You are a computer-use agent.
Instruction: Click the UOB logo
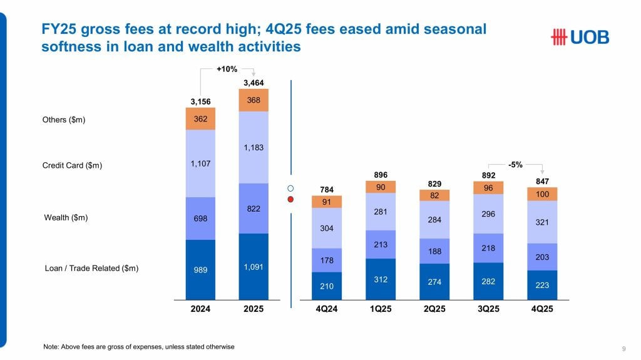click(579, 38)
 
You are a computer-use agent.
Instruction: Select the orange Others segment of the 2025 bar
click(254, 100)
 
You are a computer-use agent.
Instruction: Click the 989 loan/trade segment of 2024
click(200, 270)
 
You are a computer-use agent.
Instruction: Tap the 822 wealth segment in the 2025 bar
click(254, 208)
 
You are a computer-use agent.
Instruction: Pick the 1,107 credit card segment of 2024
click(200, 163)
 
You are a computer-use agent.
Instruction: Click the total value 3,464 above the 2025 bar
click(254, 83)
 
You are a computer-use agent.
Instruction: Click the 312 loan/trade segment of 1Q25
click(381, 279)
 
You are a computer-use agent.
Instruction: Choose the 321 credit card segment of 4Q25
click(542, 222)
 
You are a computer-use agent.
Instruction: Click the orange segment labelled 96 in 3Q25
click(488, 187)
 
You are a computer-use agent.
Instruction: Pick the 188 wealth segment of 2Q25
click(434, 251)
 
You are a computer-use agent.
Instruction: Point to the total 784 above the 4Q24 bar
click(327, 189)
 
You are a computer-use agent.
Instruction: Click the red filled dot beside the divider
click(290, 200)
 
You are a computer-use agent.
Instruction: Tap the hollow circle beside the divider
click(290, 188)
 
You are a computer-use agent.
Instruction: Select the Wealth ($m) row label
click(64, 218)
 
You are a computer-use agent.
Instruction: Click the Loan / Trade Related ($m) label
click(91, 268)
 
